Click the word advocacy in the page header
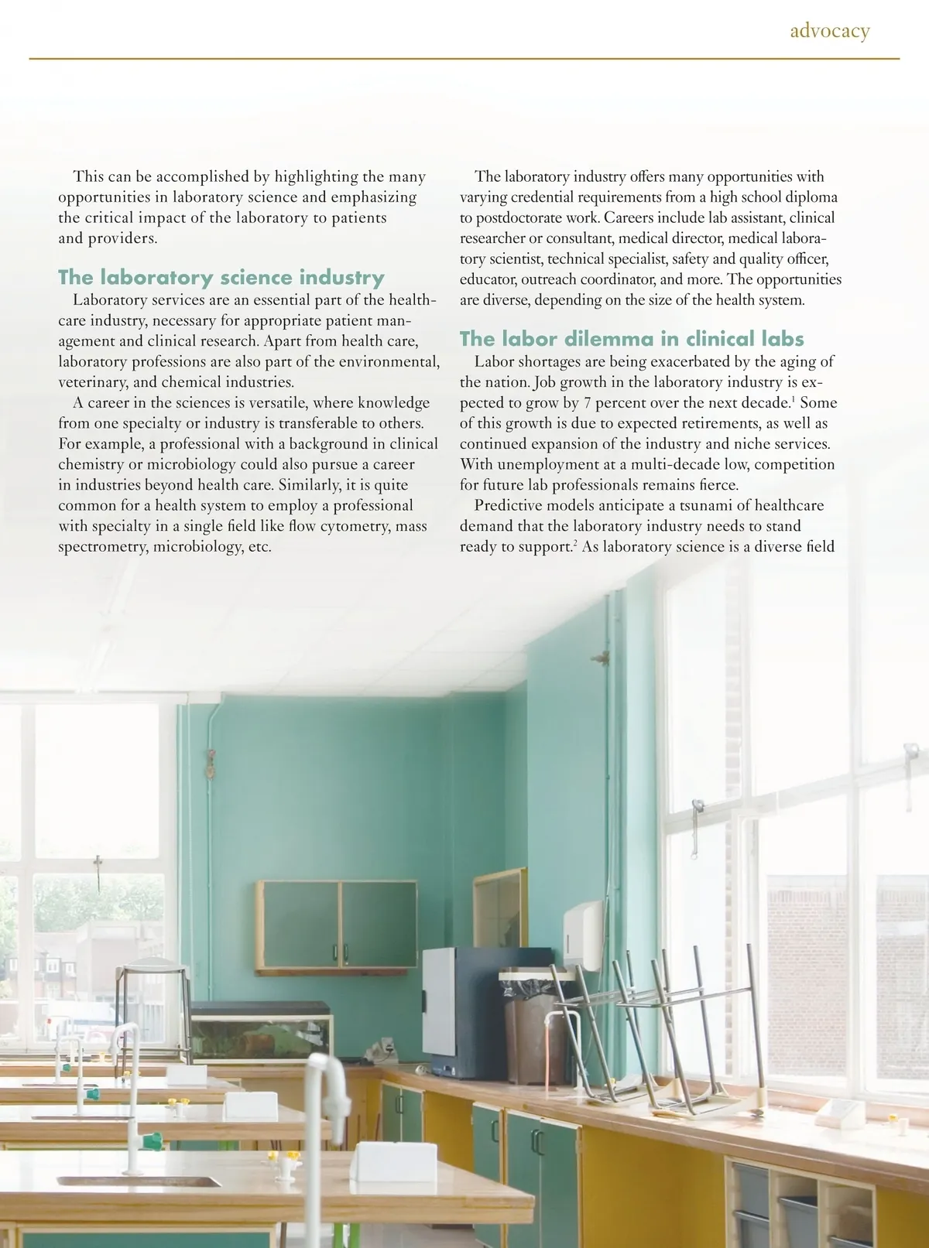[830, 31]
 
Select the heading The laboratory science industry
[221, 277]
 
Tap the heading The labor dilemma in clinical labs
[632, 339]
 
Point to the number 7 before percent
[588, 403]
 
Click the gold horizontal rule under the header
[464, 59]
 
